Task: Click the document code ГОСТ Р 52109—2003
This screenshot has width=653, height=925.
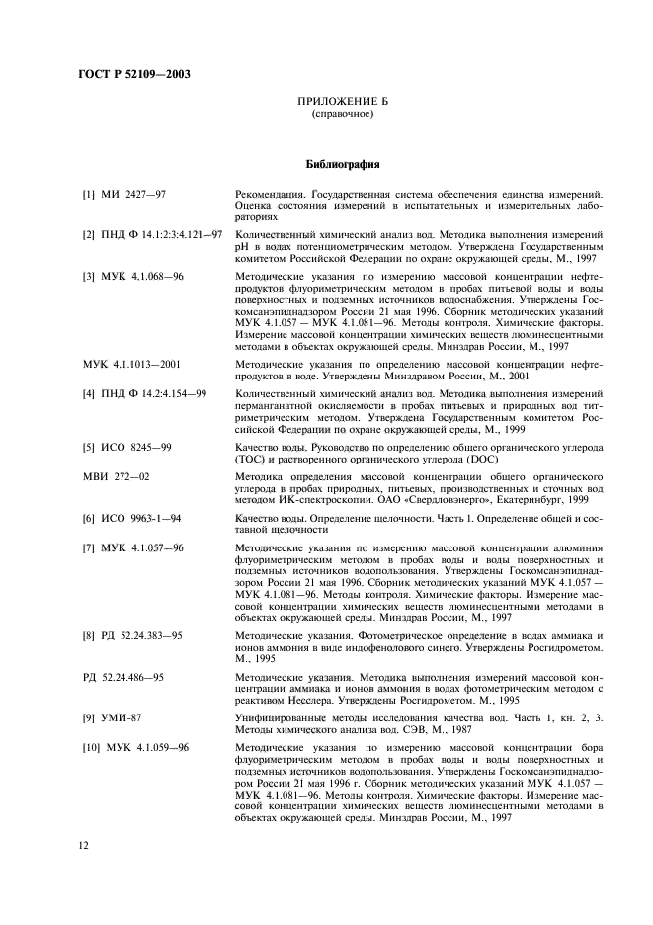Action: pos(133,74)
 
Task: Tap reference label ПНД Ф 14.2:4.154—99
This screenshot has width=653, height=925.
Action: pos(144,393)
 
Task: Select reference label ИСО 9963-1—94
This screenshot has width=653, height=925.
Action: pos(132,518)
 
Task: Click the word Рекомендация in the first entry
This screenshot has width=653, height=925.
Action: pos(276,194)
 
